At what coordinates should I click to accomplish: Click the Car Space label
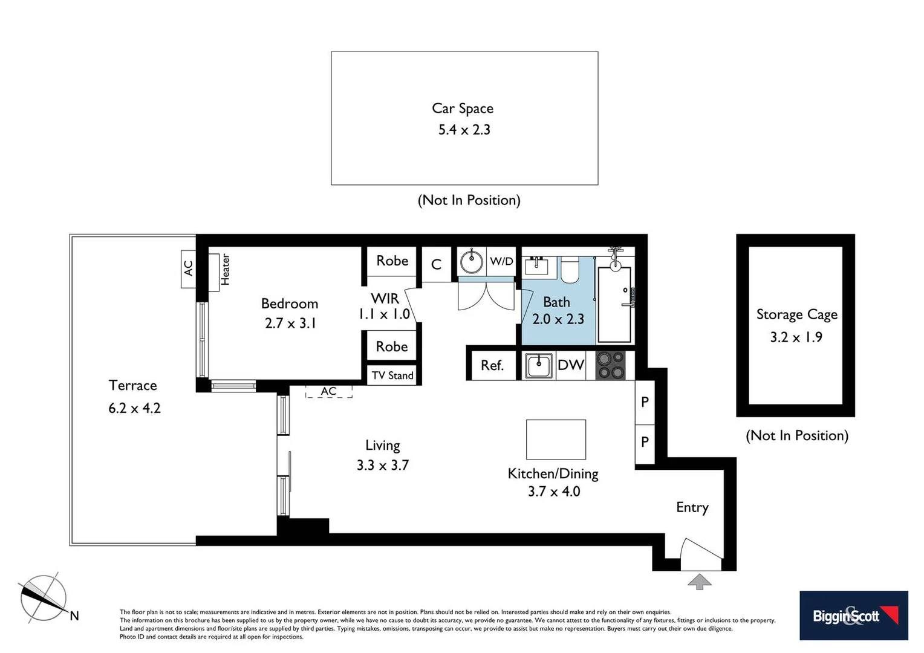coord(463,108)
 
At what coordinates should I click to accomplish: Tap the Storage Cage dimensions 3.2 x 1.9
coord(796,337)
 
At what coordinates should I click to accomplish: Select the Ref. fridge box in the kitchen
coord(492,365)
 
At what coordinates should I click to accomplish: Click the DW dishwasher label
coord(570,365)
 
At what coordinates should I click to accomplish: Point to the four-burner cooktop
coord(610,365)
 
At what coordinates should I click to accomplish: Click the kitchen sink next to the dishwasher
coord(538,366)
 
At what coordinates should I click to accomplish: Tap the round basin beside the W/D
coord(471,262)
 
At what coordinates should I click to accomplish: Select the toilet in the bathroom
coord(570,270)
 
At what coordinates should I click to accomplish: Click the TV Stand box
coord(392,375)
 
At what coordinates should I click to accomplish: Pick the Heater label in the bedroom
coord(225,270)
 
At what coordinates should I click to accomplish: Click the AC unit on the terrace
coord(188,268)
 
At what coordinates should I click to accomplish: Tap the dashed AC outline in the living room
coord(328,391)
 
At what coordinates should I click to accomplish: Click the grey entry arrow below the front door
coord(700,582)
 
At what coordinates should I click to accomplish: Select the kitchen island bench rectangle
coord(556,440)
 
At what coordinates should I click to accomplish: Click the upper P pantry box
coord(645,402)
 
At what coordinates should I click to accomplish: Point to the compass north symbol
coord(44,598)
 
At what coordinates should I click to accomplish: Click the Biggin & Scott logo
coord(853,616)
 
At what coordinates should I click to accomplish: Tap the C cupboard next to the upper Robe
coord(436,264)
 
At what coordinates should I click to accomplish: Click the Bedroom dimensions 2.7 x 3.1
coord(290,323)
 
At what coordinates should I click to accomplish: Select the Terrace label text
coord(132,385)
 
